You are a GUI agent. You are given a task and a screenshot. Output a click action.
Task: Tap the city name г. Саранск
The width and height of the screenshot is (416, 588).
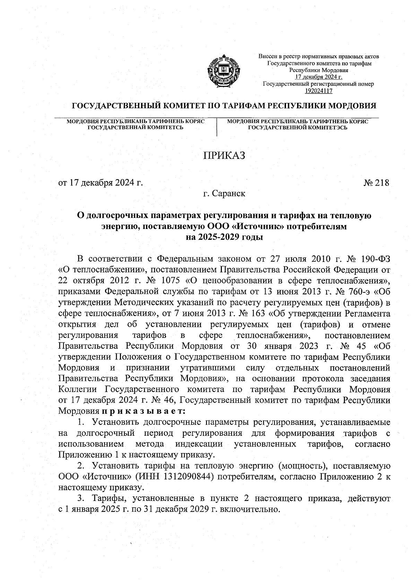(x=224, y=194)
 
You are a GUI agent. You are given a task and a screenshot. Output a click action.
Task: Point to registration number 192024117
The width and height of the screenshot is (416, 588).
(x=318, y=91)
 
